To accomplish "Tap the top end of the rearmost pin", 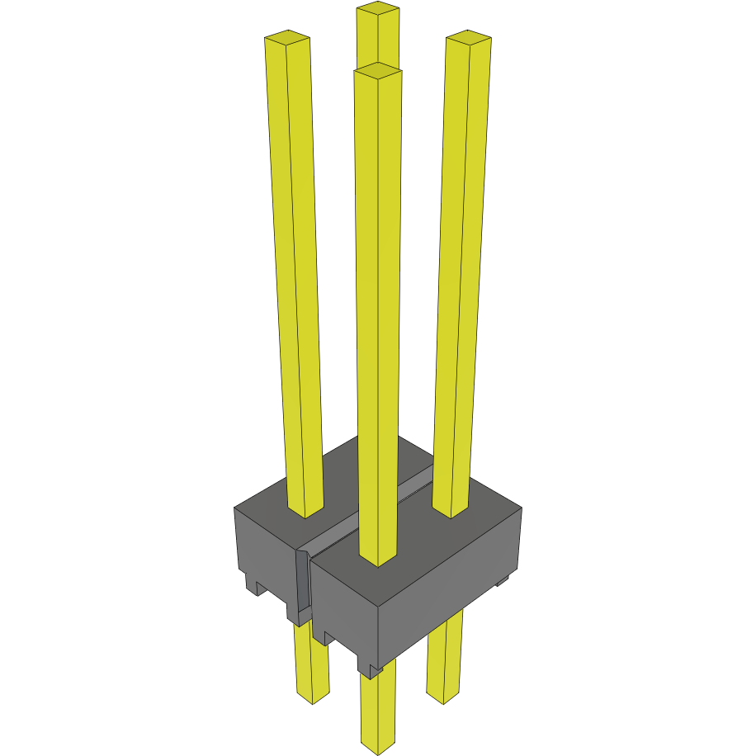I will click(378, 9).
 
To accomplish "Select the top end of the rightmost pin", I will click(469, 37).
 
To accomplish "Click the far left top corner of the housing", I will click(236, 508).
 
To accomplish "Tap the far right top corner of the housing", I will click(521, 508).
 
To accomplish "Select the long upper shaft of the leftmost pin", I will click(295, 272).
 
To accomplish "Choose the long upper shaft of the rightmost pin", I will click(461, 272).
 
